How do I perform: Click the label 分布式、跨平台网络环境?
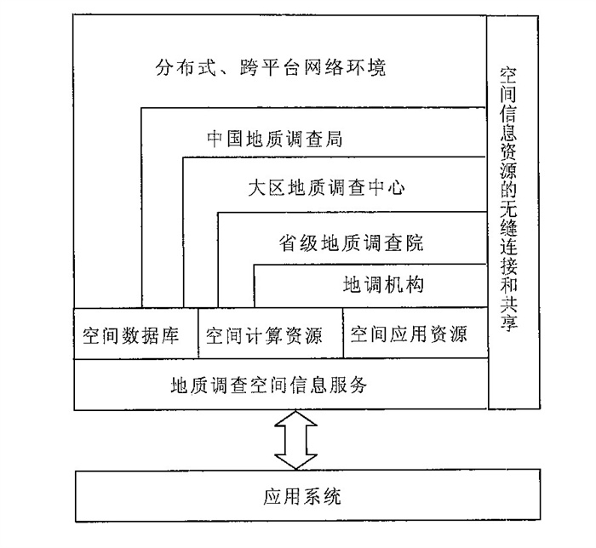coord(271,68)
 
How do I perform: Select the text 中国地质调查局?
coord(274,139)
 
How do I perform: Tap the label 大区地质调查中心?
coord(326,187)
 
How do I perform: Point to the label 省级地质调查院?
coord(351,243)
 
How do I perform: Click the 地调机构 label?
coord(383,285)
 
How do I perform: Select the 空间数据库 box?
coord(136,334)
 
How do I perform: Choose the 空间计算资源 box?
coord(271,333)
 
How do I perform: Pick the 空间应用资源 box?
coord(415,333)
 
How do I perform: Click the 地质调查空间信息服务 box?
coord(281,384)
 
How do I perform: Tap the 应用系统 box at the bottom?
coord(307,495)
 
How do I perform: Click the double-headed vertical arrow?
coord(295,440)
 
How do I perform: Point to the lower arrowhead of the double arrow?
coord(295,461)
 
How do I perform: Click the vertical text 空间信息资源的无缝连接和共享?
coord(508,199)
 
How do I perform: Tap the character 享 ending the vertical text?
coord(508,322)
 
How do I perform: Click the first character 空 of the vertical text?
coord(508,76)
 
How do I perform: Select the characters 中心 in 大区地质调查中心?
coord(387,187)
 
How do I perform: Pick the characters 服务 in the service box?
coord(349,385)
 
